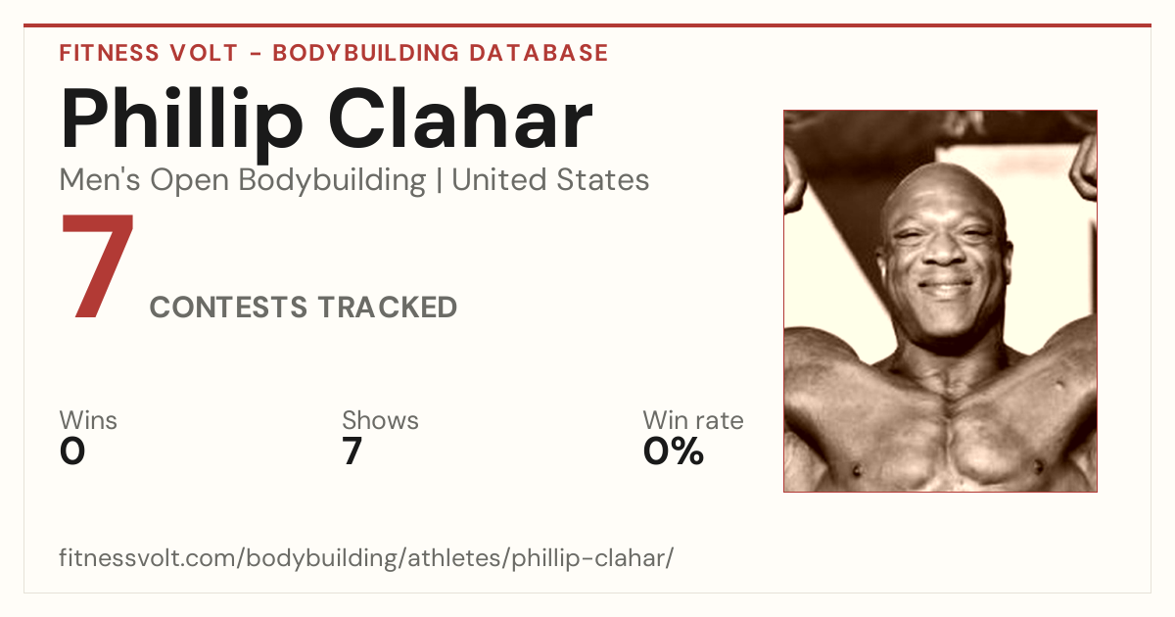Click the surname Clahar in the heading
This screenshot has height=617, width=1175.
(460, 119)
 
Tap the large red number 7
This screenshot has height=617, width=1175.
(98, 265)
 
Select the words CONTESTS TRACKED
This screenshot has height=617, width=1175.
(304, 307)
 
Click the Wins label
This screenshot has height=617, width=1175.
(88, 420)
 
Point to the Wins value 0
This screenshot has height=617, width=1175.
(72, 451)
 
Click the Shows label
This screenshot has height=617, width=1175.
(380, 420)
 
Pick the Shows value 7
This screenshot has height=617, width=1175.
(352, 451)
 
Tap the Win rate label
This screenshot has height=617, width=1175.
(693, 420)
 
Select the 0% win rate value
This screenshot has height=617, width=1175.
(674, 451)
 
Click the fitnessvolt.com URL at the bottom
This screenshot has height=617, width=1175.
(366, 557)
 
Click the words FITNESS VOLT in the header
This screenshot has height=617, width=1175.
(149, 53)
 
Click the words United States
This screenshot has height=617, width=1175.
(550, 180)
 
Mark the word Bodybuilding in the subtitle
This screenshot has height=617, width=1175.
(332, 181)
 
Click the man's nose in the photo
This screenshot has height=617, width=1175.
(944, 251)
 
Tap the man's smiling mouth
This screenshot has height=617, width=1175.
(946, 288)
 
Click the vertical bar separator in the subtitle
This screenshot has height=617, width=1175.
(439, 181)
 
